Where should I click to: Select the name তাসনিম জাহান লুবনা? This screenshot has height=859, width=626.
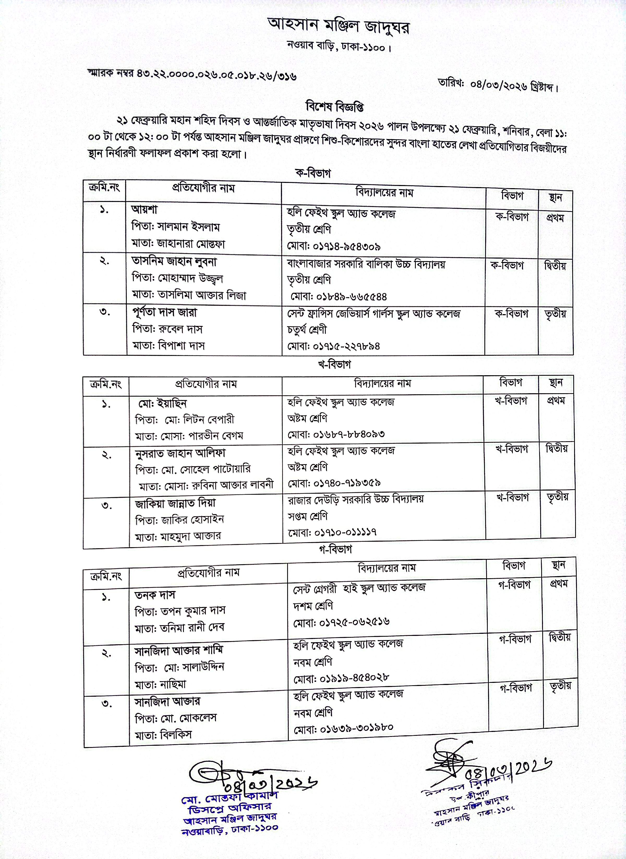(174, 261)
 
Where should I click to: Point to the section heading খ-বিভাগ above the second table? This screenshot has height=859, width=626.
(334, 365)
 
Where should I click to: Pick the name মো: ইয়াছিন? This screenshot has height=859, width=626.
(162, 403)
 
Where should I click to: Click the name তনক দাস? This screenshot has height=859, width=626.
(155, 595)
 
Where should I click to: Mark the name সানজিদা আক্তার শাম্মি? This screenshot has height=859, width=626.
(179, 651)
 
